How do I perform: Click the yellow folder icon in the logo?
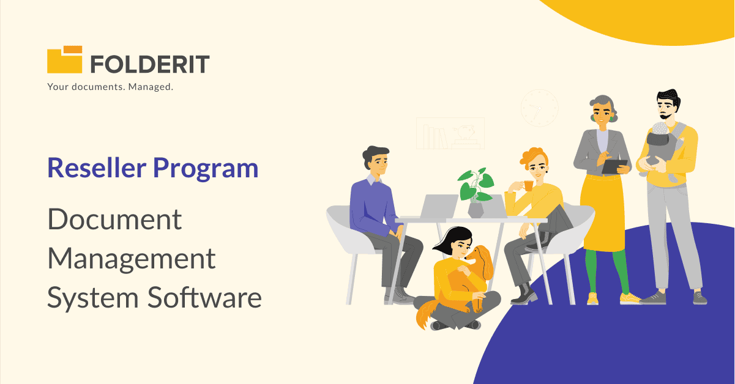(x=64, y=60)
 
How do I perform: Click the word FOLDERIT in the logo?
(x=150, y=64)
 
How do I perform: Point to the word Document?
(x=114, y=219)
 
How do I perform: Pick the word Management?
(x=132, y=259)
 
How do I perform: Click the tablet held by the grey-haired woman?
(x=614, y=166)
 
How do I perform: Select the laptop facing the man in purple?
(x=438, y=206)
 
